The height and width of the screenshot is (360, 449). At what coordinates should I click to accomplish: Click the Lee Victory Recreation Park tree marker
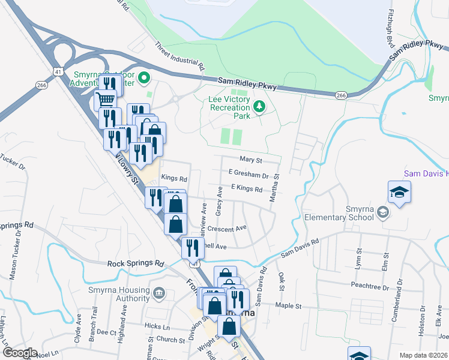point(259,107)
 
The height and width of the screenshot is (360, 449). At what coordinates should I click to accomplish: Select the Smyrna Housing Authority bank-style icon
point(159,293)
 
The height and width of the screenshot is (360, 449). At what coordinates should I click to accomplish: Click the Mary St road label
point(251,160)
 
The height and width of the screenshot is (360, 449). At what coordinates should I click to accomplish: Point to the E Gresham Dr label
point(249,175)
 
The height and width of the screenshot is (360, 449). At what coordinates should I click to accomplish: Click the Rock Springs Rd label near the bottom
point(136,263)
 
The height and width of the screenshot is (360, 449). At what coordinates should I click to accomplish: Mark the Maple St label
point(288,306)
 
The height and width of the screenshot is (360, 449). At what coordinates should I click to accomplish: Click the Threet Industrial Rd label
point(180,54)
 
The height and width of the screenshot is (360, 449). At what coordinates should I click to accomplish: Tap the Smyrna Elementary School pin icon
point(382,213)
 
